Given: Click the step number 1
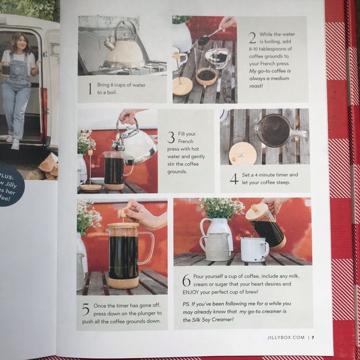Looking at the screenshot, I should (89, 88).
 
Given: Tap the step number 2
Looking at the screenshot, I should (252, 37).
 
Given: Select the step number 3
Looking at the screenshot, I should (170, 137).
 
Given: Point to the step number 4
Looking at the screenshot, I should (233, 179).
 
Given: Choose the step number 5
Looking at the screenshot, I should (86, 309).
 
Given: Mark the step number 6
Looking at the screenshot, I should (186, 279).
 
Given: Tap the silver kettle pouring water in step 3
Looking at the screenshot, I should (136, 142).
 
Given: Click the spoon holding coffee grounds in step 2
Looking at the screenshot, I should (208, 37).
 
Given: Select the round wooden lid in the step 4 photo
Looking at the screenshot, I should (242, 152).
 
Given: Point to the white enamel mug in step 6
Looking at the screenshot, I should (254, 248).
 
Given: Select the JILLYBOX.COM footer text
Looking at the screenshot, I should (285, 338).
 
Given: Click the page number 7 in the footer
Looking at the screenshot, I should (313, 338).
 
